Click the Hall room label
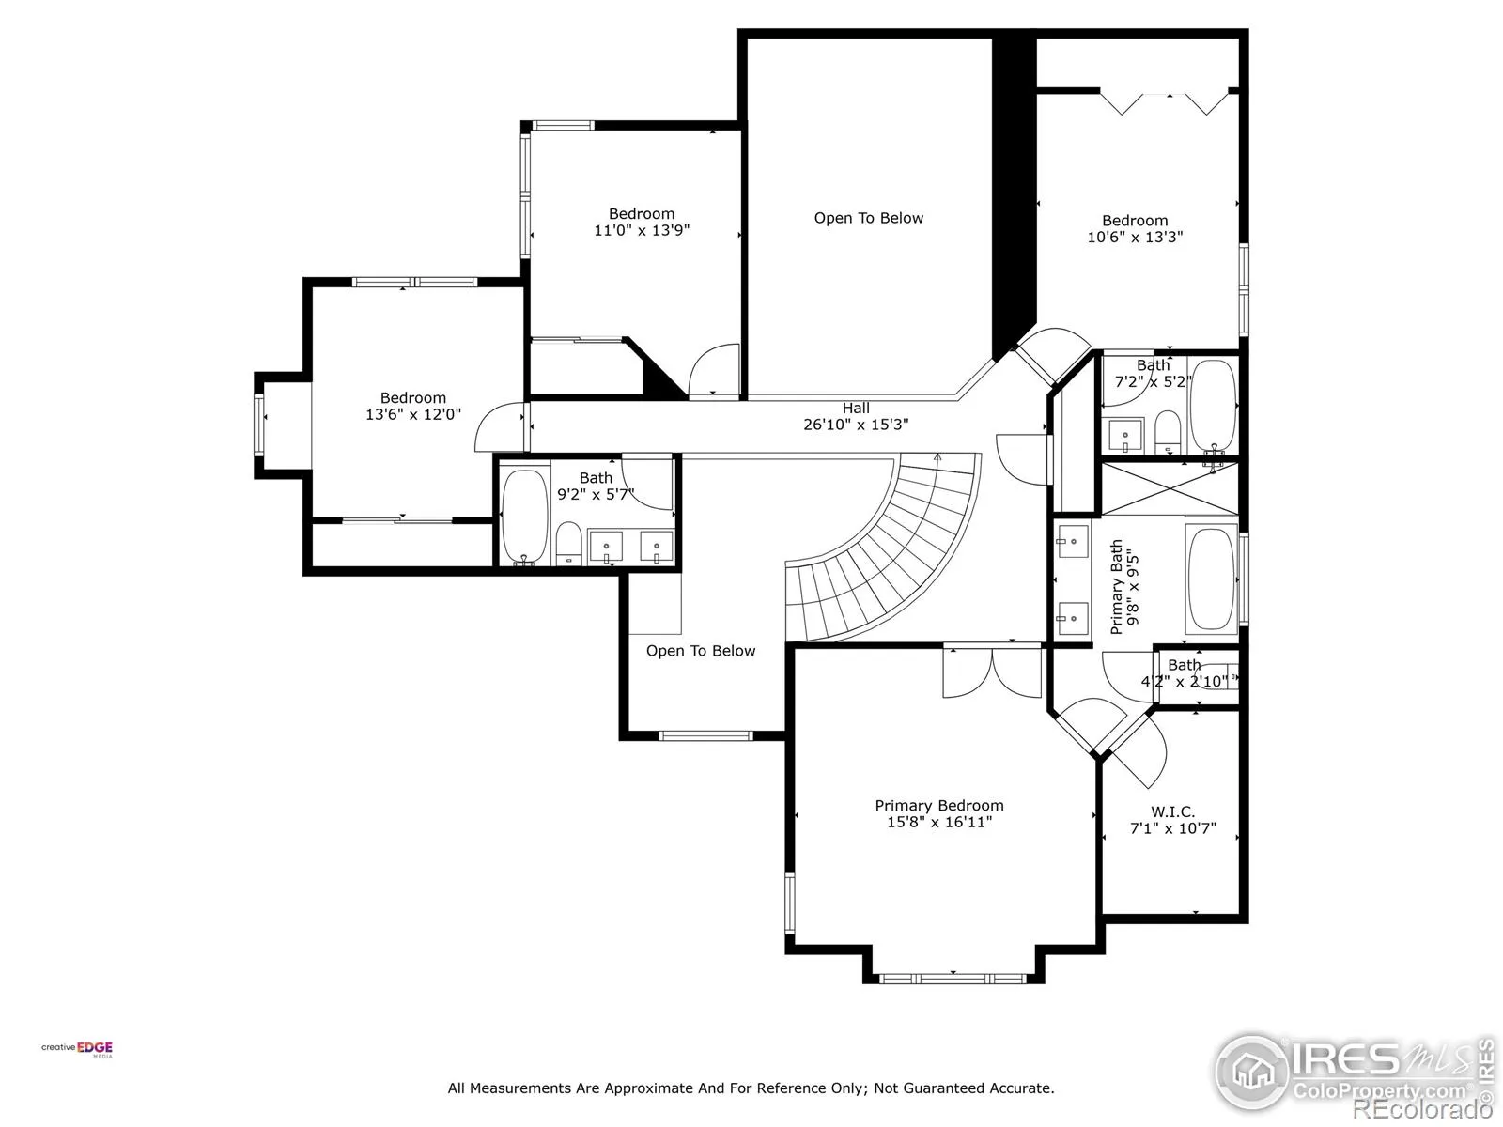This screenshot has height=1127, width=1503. (856, 408)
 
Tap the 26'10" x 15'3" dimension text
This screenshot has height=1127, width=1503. (856, 425)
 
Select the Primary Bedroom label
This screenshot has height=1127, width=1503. (939, 806)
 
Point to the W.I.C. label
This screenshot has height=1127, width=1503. (1173, 811)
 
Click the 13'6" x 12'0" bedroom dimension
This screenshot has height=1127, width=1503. (413, 414)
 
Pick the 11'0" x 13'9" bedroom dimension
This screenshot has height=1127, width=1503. (642, 230)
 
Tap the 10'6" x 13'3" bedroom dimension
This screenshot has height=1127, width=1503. (1136, 237)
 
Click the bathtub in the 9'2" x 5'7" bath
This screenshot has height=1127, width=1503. (524, 517)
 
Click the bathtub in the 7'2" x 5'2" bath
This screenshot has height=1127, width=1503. (1214, 405)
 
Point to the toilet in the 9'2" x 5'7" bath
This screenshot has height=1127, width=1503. (568, 544)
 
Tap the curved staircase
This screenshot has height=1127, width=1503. (883, 548)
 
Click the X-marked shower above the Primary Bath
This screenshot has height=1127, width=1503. (1170, 488)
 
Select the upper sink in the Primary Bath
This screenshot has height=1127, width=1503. (1072, 541)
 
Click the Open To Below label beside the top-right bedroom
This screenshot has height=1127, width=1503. (868, 218)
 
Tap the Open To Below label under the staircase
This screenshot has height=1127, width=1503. (701, 651)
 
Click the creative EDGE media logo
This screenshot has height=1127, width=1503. (77, 1048)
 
